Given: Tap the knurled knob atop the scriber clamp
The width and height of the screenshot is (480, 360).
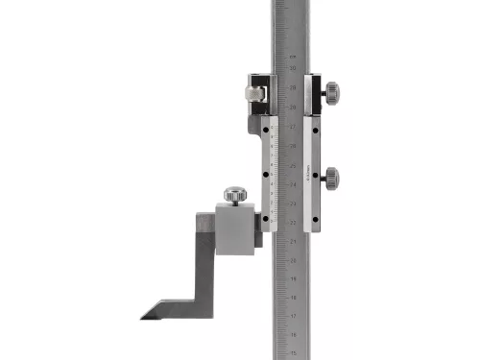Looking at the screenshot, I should click(235, 195).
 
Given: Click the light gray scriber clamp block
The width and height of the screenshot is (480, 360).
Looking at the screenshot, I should click(234, 231).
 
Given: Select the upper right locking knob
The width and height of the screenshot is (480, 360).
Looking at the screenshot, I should click(331, 92).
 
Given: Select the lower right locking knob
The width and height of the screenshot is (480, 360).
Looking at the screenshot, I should click(331, 177).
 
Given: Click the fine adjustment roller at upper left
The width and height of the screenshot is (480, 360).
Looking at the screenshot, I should click(252, 94).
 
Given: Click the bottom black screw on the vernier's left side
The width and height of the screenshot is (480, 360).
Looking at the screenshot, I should click(265, 219).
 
